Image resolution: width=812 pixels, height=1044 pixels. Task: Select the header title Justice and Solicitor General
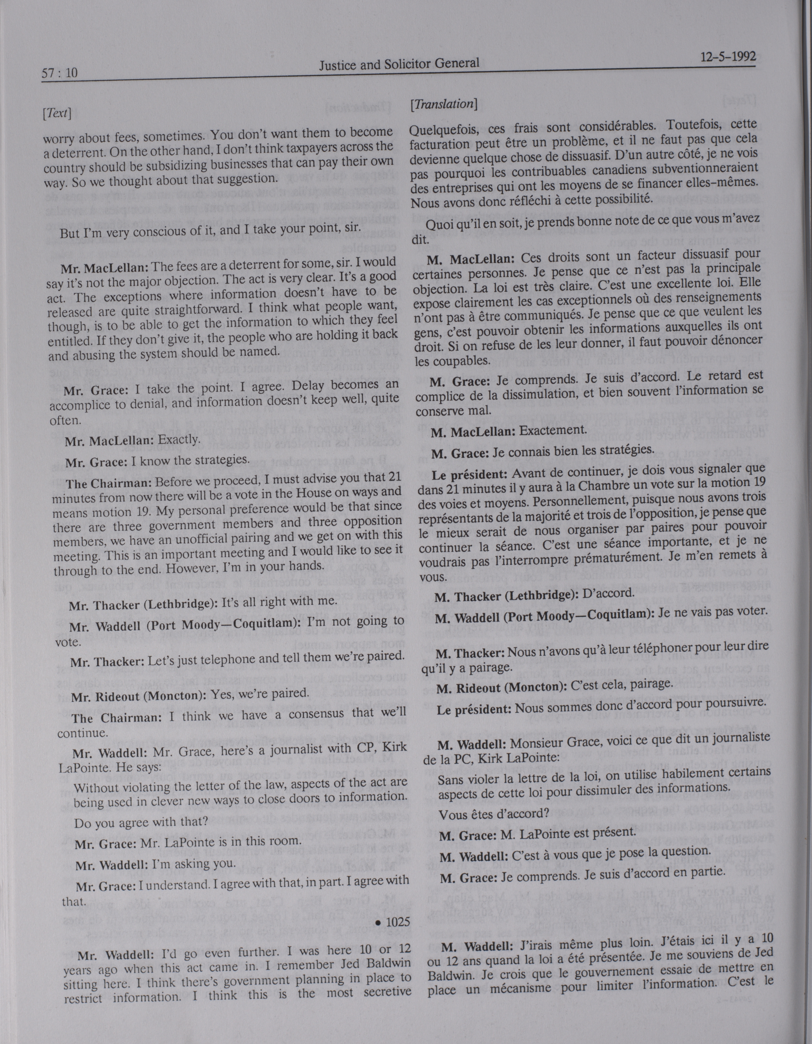click(399, 64)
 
